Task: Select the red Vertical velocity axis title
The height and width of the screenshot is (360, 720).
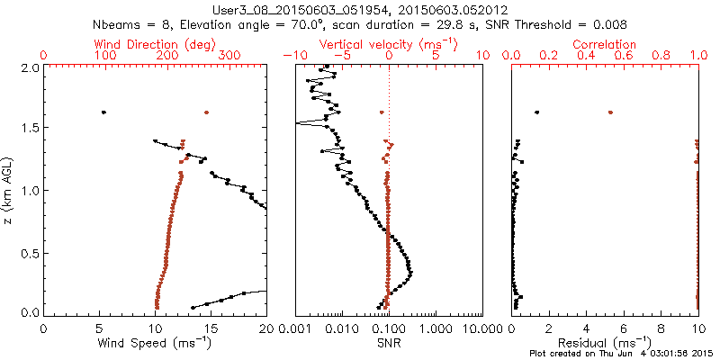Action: pyautogui.click(x=388, y=44)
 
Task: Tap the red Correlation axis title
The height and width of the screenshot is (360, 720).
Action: pyautogui.click(x=605, y=44)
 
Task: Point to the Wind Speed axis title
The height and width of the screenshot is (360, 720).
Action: pyautogui.click(x=155, y=343)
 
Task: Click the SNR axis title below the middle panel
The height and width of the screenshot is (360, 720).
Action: pyautogui.click(x=388, y=343)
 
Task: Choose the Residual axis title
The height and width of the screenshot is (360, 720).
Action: pyautogui.click(x=605, y=343)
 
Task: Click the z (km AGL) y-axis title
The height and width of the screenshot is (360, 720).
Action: pyautogui.click(x=9, y=190)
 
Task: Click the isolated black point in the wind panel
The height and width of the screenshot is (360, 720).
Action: pyautogui.click(x=103, y=112)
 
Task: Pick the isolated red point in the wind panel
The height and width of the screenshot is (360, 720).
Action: pyautogui.click(x=206, y=112)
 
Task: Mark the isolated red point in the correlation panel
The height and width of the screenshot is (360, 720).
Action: pyautogui.click(x=610, y=112)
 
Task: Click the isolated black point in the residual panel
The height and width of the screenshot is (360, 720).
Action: pyautogui.click(x=537, y=112)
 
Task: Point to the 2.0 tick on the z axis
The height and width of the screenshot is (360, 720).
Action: pyautogui.click(x=31, y=67)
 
